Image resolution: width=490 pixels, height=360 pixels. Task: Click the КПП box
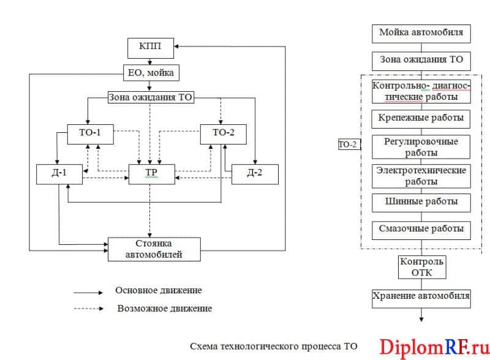(151, 48)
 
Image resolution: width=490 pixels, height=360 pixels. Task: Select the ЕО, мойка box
(151, 73)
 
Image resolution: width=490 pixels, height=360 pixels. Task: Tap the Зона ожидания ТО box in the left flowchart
(151, 97)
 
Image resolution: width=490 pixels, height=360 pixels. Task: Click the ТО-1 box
(90, 134)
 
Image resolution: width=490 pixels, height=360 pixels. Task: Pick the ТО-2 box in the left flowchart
(223, 134)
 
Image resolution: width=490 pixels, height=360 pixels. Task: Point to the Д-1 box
(59, 174)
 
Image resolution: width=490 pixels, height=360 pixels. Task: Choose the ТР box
(151, 174)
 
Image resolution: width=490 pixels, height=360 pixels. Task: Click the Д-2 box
(255, 174)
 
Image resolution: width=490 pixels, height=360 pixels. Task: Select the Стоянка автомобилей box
(154, 249)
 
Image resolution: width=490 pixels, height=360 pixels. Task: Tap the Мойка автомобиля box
(421, 34)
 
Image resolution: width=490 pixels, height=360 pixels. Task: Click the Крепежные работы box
(421, 119)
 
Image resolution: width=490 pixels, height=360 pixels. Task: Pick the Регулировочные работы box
(421, 147)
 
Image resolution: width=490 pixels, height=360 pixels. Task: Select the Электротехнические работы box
(421, 176)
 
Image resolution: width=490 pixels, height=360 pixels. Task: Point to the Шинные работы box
(421, 203)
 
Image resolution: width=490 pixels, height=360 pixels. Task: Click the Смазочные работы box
(421, 230)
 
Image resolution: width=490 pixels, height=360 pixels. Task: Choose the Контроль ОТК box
(422, 267)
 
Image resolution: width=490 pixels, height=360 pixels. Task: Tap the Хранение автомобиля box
(421, 299)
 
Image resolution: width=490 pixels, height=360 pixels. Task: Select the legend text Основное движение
(159, 290)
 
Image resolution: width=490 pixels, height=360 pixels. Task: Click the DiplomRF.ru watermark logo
(434, 347)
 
